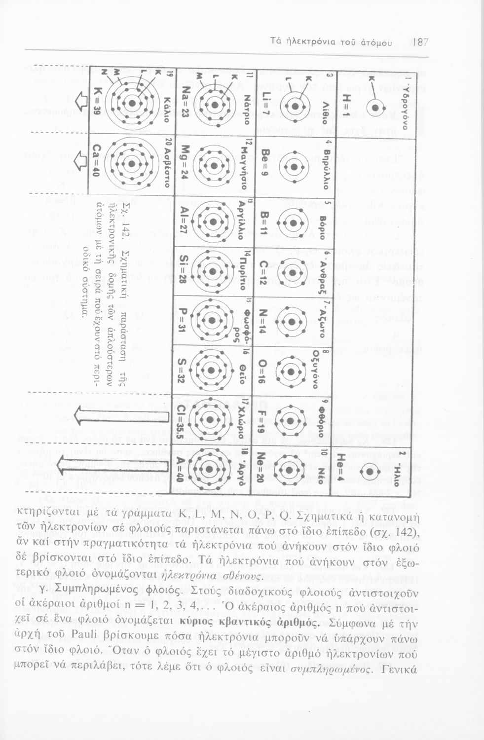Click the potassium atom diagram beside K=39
(x=132, y=103)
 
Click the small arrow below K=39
(x=80, y=103)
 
